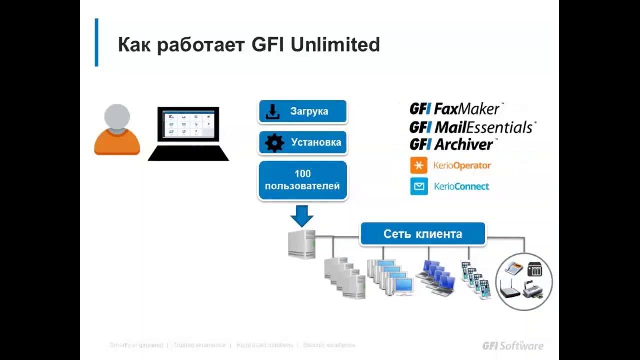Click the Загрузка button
[303, 111]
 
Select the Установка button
[303, 143]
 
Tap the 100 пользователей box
[303, 180]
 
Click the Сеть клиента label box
[422, 234]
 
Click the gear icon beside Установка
[274, 143]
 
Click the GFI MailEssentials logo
[472, 127]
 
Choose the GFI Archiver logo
[452, 145]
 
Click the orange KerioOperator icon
[419, 165]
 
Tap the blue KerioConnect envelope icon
[419, 186]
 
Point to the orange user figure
[117, 131]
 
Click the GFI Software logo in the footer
[512, 345]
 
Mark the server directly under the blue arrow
[302, 244]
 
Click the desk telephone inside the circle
[513, 269]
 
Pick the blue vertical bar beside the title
[97, 43]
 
